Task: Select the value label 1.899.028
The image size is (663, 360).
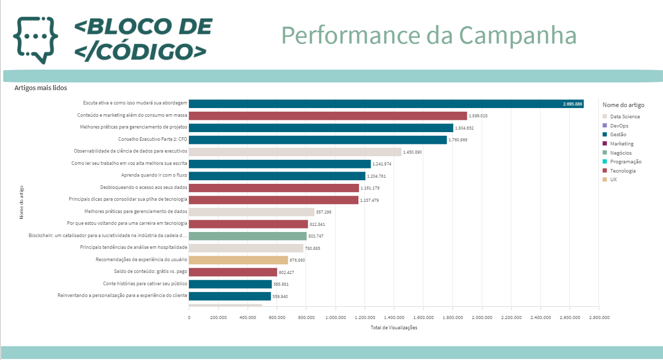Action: click(x=478, y=116)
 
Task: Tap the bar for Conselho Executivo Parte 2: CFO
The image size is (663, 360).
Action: click(x=317, y=140)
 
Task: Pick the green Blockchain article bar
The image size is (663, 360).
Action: click(x=248, y=236)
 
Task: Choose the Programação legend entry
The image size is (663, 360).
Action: click(x=625, y=161)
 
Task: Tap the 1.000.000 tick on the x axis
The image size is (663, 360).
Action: click(x=335, y=317)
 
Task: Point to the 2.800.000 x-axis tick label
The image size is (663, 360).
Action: click(x=598, y=317)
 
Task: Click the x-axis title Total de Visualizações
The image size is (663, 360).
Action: click(x=394, y=328)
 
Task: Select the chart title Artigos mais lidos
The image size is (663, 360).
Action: click(x=40, y=88)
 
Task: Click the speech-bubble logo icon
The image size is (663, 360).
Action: click(x=35, y=39)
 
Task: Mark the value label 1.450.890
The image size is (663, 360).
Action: click(x=413, y=152)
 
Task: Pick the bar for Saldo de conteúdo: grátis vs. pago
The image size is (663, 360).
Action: click(x=233, y=272)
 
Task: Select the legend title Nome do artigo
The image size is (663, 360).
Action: click(x=623, y=105)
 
